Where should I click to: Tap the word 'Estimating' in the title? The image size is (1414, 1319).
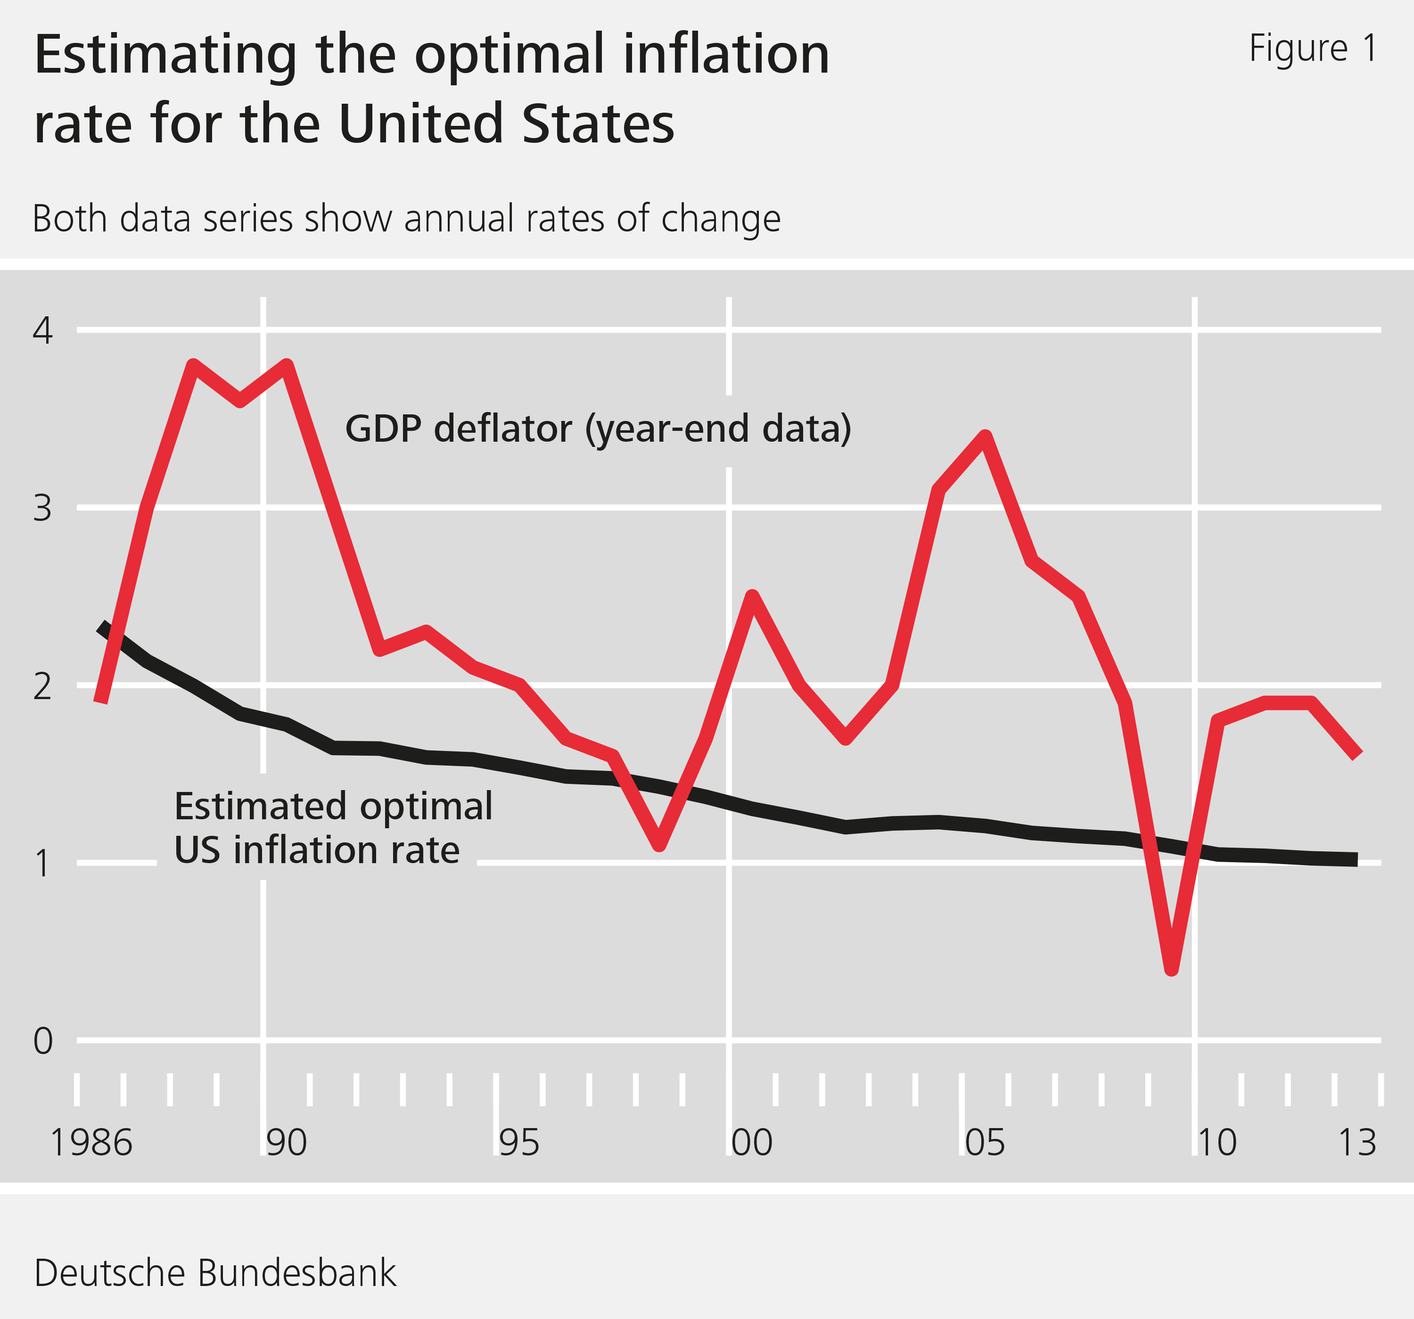[x=165, y=56]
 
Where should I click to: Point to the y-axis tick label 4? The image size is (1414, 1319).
[x=43, y=331]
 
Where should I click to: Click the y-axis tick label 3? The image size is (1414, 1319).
[x=43, y=508]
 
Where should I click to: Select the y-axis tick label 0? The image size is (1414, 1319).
[x=43, y=1041]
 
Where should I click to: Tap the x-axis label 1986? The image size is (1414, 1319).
[x=91, y=1143]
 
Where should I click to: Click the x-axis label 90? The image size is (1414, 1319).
[x=286, y=1143]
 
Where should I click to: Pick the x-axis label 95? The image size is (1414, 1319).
[x=518, y=1143]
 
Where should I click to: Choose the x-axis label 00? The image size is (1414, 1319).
[x=752, y=1143]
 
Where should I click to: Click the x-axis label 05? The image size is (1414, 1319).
[x=985, y=1143]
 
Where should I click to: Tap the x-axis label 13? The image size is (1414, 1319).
[x=1357, y=1143]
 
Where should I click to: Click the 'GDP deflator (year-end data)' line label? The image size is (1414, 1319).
[x=598, y=429]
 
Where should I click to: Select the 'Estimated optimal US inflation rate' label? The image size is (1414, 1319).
[x=333, y=828]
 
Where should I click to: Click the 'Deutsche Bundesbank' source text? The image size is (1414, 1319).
[x=215, y=1273]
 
